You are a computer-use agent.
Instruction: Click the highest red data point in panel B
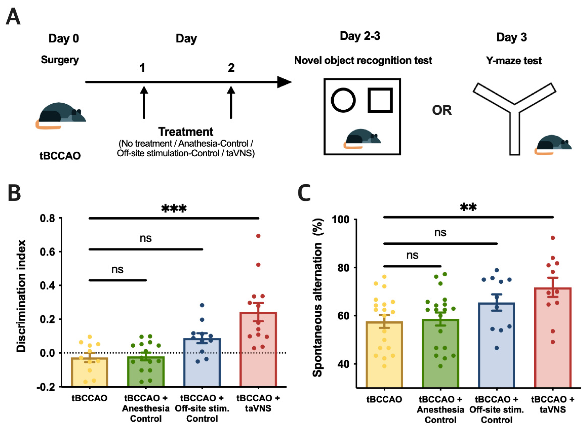pos(258,236)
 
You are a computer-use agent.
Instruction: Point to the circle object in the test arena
pos(343,100)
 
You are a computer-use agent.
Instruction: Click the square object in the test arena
pos(380,100)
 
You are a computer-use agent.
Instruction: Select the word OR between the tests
pos(442,110)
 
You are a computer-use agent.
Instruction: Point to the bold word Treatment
pos(186,132)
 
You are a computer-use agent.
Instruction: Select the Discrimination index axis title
pos(21,296)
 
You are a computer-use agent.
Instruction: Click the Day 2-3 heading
pos(360,36)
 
